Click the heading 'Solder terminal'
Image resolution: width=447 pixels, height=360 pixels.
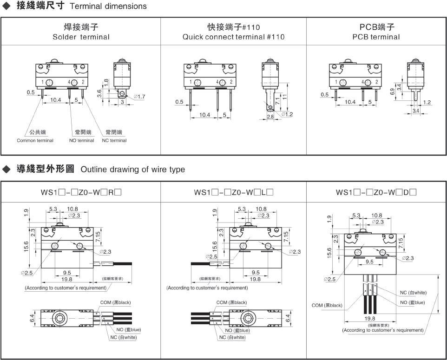pyautogui.click(x=81, y=37)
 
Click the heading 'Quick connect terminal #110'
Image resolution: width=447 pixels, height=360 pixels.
pyautogui.click(x=233, y=37)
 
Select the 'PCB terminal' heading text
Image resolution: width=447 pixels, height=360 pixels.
pyautogui.click(x=376, y=37)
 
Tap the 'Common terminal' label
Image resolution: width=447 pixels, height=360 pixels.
pyautogui.click(x=35, y=140)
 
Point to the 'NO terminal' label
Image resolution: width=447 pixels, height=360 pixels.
pyautogui.click(x=81, y=140)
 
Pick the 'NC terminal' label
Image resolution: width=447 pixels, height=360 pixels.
pyautogui.click(x=114, y=140)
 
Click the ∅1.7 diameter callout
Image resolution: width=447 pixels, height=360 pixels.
pyautogui.click(x=139, y=97)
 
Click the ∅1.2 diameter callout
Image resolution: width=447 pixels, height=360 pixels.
pyautogui.click(x=287, y=114)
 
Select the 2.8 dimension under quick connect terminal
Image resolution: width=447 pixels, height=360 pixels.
pyautogui.click(x=271, y=117)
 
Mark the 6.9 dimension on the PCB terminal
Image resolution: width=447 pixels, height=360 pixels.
pyautogui.click(x=393, y=92)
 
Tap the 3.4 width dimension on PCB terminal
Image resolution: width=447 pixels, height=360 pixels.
pyautogui.click(x=415, y=111)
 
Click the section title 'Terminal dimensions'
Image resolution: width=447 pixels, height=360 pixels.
pyautogui.click(x=108, y=6)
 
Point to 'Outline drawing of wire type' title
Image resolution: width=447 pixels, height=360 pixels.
pyautogui.click(x=132, y=169)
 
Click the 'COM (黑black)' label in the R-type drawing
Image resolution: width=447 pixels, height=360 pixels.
pyautogui.click(x=115, y=302)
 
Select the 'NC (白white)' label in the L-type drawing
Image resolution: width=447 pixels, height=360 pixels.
pyautogui.click(x=232, y=337)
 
